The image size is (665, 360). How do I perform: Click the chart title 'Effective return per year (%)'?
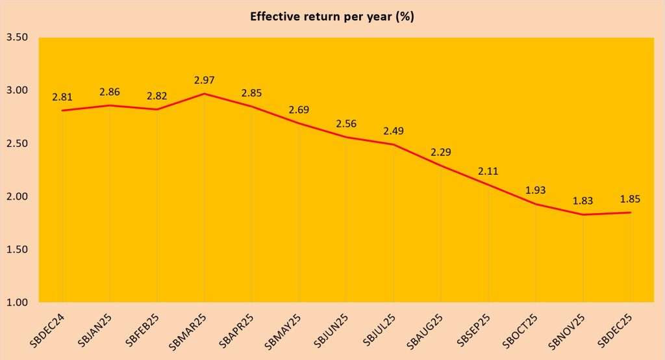(x=332, y=17)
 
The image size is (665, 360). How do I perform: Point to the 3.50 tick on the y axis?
(x=17, y=38)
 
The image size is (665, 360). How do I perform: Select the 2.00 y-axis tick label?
(x=17, y=197)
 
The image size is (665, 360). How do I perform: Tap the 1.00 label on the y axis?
(x=17, y=303)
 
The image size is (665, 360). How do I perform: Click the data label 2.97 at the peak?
(x=205, y=81)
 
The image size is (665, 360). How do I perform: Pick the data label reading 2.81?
(x=62, y=97)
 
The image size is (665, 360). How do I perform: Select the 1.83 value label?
(x=583, y=201)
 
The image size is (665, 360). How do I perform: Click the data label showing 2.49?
(x=394, y=131)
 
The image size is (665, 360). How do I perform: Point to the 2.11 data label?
(x=488, y=172)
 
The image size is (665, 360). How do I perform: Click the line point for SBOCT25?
(x=536, y=204)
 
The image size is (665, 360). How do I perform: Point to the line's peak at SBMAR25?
(x=205, y=94)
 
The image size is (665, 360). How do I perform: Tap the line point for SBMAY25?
(x=299, y=123)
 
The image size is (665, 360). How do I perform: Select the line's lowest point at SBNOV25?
(x=583, y=214)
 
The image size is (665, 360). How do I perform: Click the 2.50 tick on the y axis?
(x=17, y=144)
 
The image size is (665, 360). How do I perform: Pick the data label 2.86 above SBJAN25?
(x=110, y=92)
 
